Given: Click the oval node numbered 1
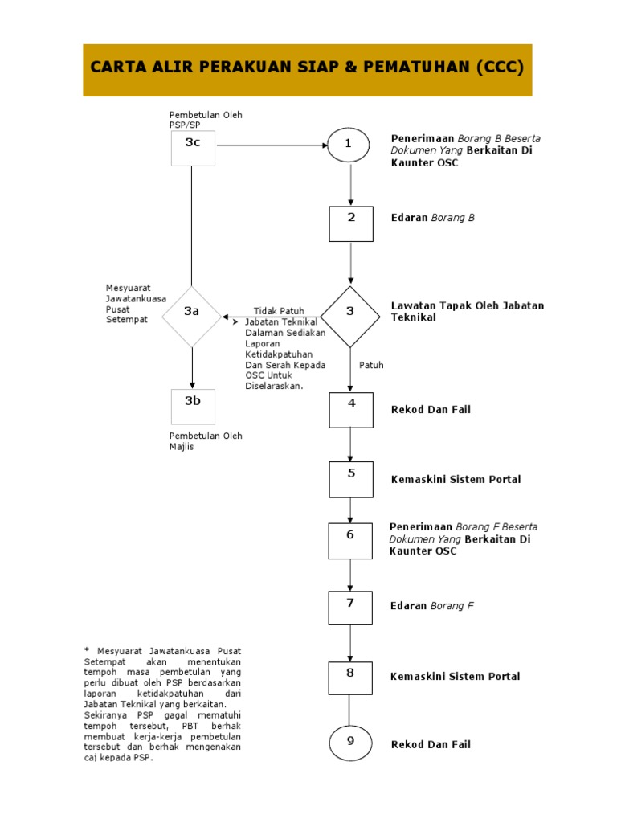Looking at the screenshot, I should [x=349, y=145].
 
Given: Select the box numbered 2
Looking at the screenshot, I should [x=351, y=224].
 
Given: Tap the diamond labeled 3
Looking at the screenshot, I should [x=350, y=317].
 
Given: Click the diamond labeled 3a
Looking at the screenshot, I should [x=191, y=317].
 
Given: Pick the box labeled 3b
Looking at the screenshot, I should [x=193, y=407].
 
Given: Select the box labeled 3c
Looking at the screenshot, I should [x=193, y=148].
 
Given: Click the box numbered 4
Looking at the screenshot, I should [x=351, y=410].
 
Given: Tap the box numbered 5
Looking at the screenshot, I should [x=351, y=479].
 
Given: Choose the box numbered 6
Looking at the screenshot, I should [x=350, y=541].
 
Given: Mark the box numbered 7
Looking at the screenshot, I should [x=350, y=608].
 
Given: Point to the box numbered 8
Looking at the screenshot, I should [x=350, y=678].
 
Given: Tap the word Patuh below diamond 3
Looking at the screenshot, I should [x=371, y=365].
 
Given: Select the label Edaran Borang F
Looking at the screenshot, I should [x=432, y=606].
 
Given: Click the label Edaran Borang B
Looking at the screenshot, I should [x=432, y=217].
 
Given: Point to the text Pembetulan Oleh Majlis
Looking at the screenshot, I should [x=206, y=441].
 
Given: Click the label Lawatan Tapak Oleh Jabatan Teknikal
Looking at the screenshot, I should [x=467, y=311].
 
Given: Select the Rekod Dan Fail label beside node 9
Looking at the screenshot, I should [x=431, y=744].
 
